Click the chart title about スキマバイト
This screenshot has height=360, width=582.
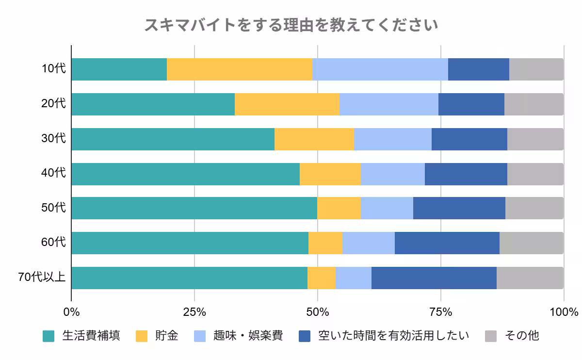pyautogui.click(x=291, y=25)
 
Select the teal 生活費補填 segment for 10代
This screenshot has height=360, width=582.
pyautogui.click(x=119, y=69)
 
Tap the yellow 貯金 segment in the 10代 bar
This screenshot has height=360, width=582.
pyautogui.click(x=239, y=69)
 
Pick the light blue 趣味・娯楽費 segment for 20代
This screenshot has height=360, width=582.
pyautogui.click(x=388, y=104)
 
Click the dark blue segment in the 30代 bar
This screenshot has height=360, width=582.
pyautogui.click(x=469, y=139)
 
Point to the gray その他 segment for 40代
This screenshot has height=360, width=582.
pyautogui.click(x=535, y=174)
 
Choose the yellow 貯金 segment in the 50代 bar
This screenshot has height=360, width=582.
pyautogui.click(x=339, y=208)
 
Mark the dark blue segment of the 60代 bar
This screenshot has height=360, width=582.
pyautogui.click(x=447, y=243)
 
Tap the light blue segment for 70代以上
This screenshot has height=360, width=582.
pyautogui.click(x=353, y=278)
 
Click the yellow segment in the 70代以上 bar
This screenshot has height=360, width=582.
pyautogui.click(x=321, y=278)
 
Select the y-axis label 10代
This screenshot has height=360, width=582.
pyautogui.click(x=53, y=69)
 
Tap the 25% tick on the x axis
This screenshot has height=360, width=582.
pyautogui.click(x=194, y=311)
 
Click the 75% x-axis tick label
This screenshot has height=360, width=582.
pyautogui.click(x=440, y=311)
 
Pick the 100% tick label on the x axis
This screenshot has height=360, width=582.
pyautogui.click(x=564, y=311)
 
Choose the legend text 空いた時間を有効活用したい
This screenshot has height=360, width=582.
pyautogui.click(x=393, y=336)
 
